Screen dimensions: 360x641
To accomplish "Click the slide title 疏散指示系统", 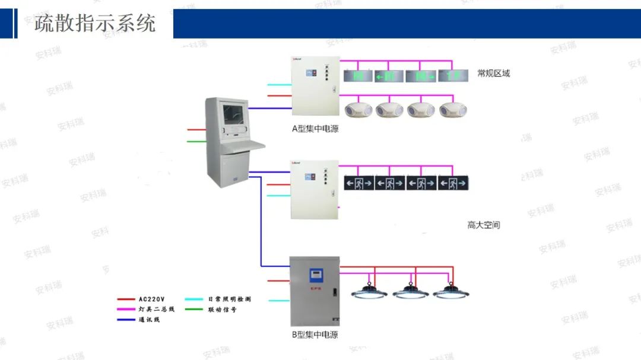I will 95,23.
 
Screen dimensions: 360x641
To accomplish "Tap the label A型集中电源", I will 315,129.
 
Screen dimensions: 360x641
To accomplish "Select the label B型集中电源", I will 315,334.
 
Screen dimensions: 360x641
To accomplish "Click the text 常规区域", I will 493,74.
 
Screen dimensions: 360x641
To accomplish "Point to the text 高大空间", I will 483,225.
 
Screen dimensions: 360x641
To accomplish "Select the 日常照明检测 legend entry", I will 229,300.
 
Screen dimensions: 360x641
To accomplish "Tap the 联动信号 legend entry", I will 222,310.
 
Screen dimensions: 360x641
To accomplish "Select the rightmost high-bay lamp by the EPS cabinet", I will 449,291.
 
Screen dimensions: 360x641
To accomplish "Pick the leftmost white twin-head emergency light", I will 358,110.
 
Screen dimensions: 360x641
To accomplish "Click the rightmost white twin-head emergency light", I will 453,110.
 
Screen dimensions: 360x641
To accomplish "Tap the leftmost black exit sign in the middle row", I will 359,183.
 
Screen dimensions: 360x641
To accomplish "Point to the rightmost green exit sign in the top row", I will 453,76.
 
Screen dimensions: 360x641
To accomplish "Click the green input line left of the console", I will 196,141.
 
